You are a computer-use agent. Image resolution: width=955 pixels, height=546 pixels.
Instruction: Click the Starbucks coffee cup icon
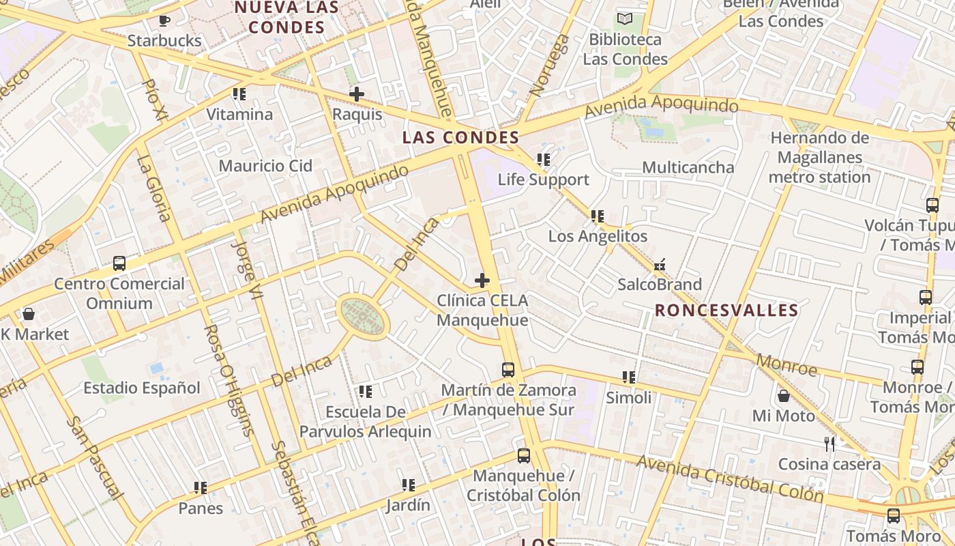click(x=164, y=20)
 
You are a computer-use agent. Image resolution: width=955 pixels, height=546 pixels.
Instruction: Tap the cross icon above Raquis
click(x=356, y=94)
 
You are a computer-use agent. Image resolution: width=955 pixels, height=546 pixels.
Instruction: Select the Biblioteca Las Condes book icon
click(x=625, y=19)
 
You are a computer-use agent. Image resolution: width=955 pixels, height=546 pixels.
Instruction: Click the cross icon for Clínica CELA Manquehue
click(x=482, y=280)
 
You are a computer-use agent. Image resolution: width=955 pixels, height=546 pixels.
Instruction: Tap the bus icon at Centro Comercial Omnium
click(x=119, y=263)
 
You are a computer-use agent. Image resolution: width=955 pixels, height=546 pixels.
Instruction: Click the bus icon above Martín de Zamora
click(x=508, y=370)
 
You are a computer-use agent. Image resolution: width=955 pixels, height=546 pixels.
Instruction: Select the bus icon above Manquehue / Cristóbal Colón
click(x=523, y=455)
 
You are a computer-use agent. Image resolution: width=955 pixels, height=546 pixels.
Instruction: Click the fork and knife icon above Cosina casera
click(x=829, y=444)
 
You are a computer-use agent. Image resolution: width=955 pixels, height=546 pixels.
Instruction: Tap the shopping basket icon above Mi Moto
click(x=784, y=396)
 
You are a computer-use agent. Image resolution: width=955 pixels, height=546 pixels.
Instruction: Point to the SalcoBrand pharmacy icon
click(x=660, y=265)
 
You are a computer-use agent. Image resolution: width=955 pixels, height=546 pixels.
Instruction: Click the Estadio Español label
click(x=142, y=388)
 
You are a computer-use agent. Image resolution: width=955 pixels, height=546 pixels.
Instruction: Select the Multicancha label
click(x=688, y=167)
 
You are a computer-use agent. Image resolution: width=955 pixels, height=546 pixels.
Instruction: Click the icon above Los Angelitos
click(x=598, y=216)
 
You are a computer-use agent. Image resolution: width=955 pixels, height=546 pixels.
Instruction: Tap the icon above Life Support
click(x=543, y=160)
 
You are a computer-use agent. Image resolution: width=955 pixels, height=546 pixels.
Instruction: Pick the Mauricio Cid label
click(x=265, y=166)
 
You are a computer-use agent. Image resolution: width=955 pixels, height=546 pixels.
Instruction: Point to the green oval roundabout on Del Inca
click(x=363, y=317)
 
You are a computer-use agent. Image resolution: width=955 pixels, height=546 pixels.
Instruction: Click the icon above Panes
click(x=200, y=488)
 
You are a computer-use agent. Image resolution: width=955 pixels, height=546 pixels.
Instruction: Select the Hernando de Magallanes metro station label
click(x=819, y=158)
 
